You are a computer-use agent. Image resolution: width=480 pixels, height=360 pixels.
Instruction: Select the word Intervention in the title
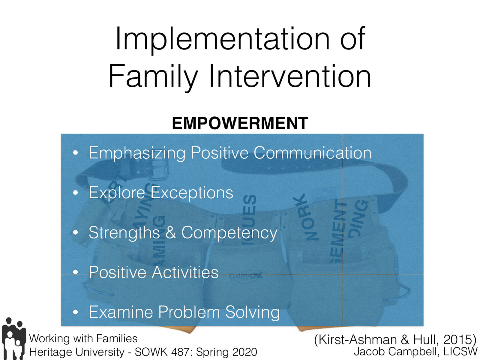click(290, 76)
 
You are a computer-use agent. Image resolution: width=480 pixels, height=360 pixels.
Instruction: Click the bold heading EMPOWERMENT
click(240, 123)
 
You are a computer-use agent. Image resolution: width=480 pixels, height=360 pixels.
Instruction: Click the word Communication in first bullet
click(312, 153)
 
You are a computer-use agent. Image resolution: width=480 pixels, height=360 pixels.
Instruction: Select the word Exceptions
click(192, 193)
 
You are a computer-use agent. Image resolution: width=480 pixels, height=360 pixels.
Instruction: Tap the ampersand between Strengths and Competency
click(170, 232)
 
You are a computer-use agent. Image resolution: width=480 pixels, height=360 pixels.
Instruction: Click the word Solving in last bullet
click(252, 312)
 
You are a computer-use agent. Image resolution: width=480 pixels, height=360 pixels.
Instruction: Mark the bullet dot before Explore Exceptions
click(76, 193)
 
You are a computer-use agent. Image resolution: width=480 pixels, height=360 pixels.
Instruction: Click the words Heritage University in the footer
click(77, 352)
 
